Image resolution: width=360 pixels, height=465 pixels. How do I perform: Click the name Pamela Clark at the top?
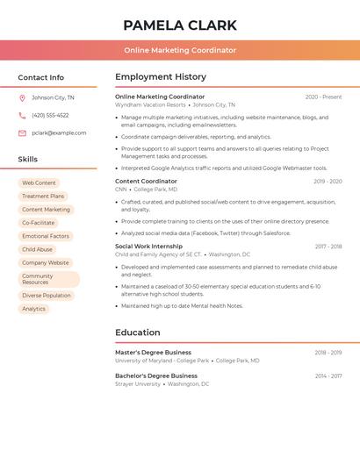[180, 25]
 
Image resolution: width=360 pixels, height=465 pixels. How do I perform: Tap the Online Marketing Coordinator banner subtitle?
[180, 50]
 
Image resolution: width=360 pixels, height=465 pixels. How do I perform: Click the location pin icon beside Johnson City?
[22, 97]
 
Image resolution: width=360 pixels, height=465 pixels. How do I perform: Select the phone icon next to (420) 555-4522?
[22, 115]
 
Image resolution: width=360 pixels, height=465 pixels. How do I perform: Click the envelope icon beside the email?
[22, 132]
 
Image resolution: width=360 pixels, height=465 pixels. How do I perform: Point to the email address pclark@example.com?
[59, 132]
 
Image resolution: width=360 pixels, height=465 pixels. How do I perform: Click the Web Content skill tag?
[39, 182]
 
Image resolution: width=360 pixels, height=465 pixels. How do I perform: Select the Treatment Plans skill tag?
[43, 197]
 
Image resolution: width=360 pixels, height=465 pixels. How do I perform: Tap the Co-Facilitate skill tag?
[38, 223]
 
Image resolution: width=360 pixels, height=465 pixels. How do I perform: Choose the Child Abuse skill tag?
[37, 249]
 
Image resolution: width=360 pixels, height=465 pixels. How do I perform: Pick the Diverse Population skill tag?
[46, 296]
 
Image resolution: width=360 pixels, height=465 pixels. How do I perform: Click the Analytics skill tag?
[33, 309]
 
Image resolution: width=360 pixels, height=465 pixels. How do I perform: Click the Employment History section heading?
[161, 77]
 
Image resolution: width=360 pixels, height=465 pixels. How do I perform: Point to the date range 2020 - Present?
[323, 97]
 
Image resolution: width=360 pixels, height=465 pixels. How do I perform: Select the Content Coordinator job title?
[146, 181]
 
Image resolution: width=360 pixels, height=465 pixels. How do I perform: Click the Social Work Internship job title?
[148, 247]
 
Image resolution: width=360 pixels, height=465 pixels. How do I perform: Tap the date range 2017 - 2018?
[328, 247]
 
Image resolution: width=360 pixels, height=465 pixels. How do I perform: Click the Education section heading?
[138, 333]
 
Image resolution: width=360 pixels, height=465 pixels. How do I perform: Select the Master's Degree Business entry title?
[153, 352]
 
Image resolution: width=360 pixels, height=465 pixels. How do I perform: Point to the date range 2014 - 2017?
[328, 376]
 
